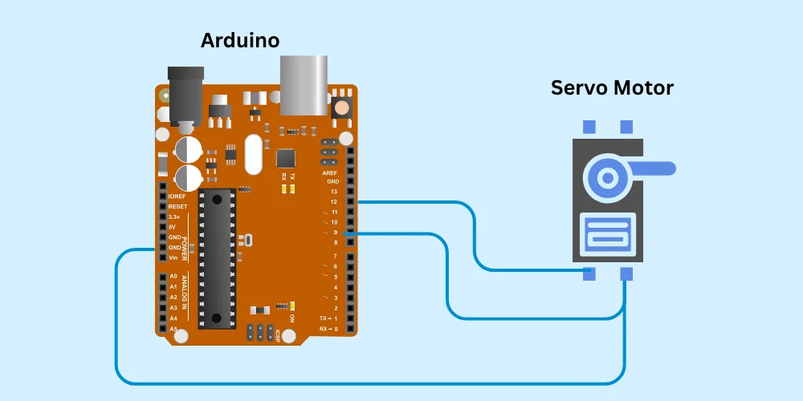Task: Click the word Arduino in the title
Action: pyautogui.click(x=240, y=39)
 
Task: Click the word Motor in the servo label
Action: pyautogui.click(x=645, y=87)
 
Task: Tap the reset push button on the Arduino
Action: pyautogui.click(x=342, y=106)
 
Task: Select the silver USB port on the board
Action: pyautogui.click(x=304, y=84)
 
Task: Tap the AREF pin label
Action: pyautogui.click(x=330, y=172)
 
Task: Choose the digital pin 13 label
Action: pyautogui.click(x=333, y=192)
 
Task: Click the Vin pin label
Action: pyautogui.click(x=173, y=257)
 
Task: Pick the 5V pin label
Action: pyautogui.click(x=173, y=227)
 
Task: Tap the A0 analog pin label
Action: pyautogui.click(x=173, y=277)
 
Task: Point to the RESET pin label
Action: pyautogui.click(x=177, y=207)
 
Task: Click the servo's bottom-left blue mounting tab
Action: pyautogui.click(x=589, y=273)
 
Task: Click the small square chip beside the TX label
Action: pyautogui.click(x=286, y=157)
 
